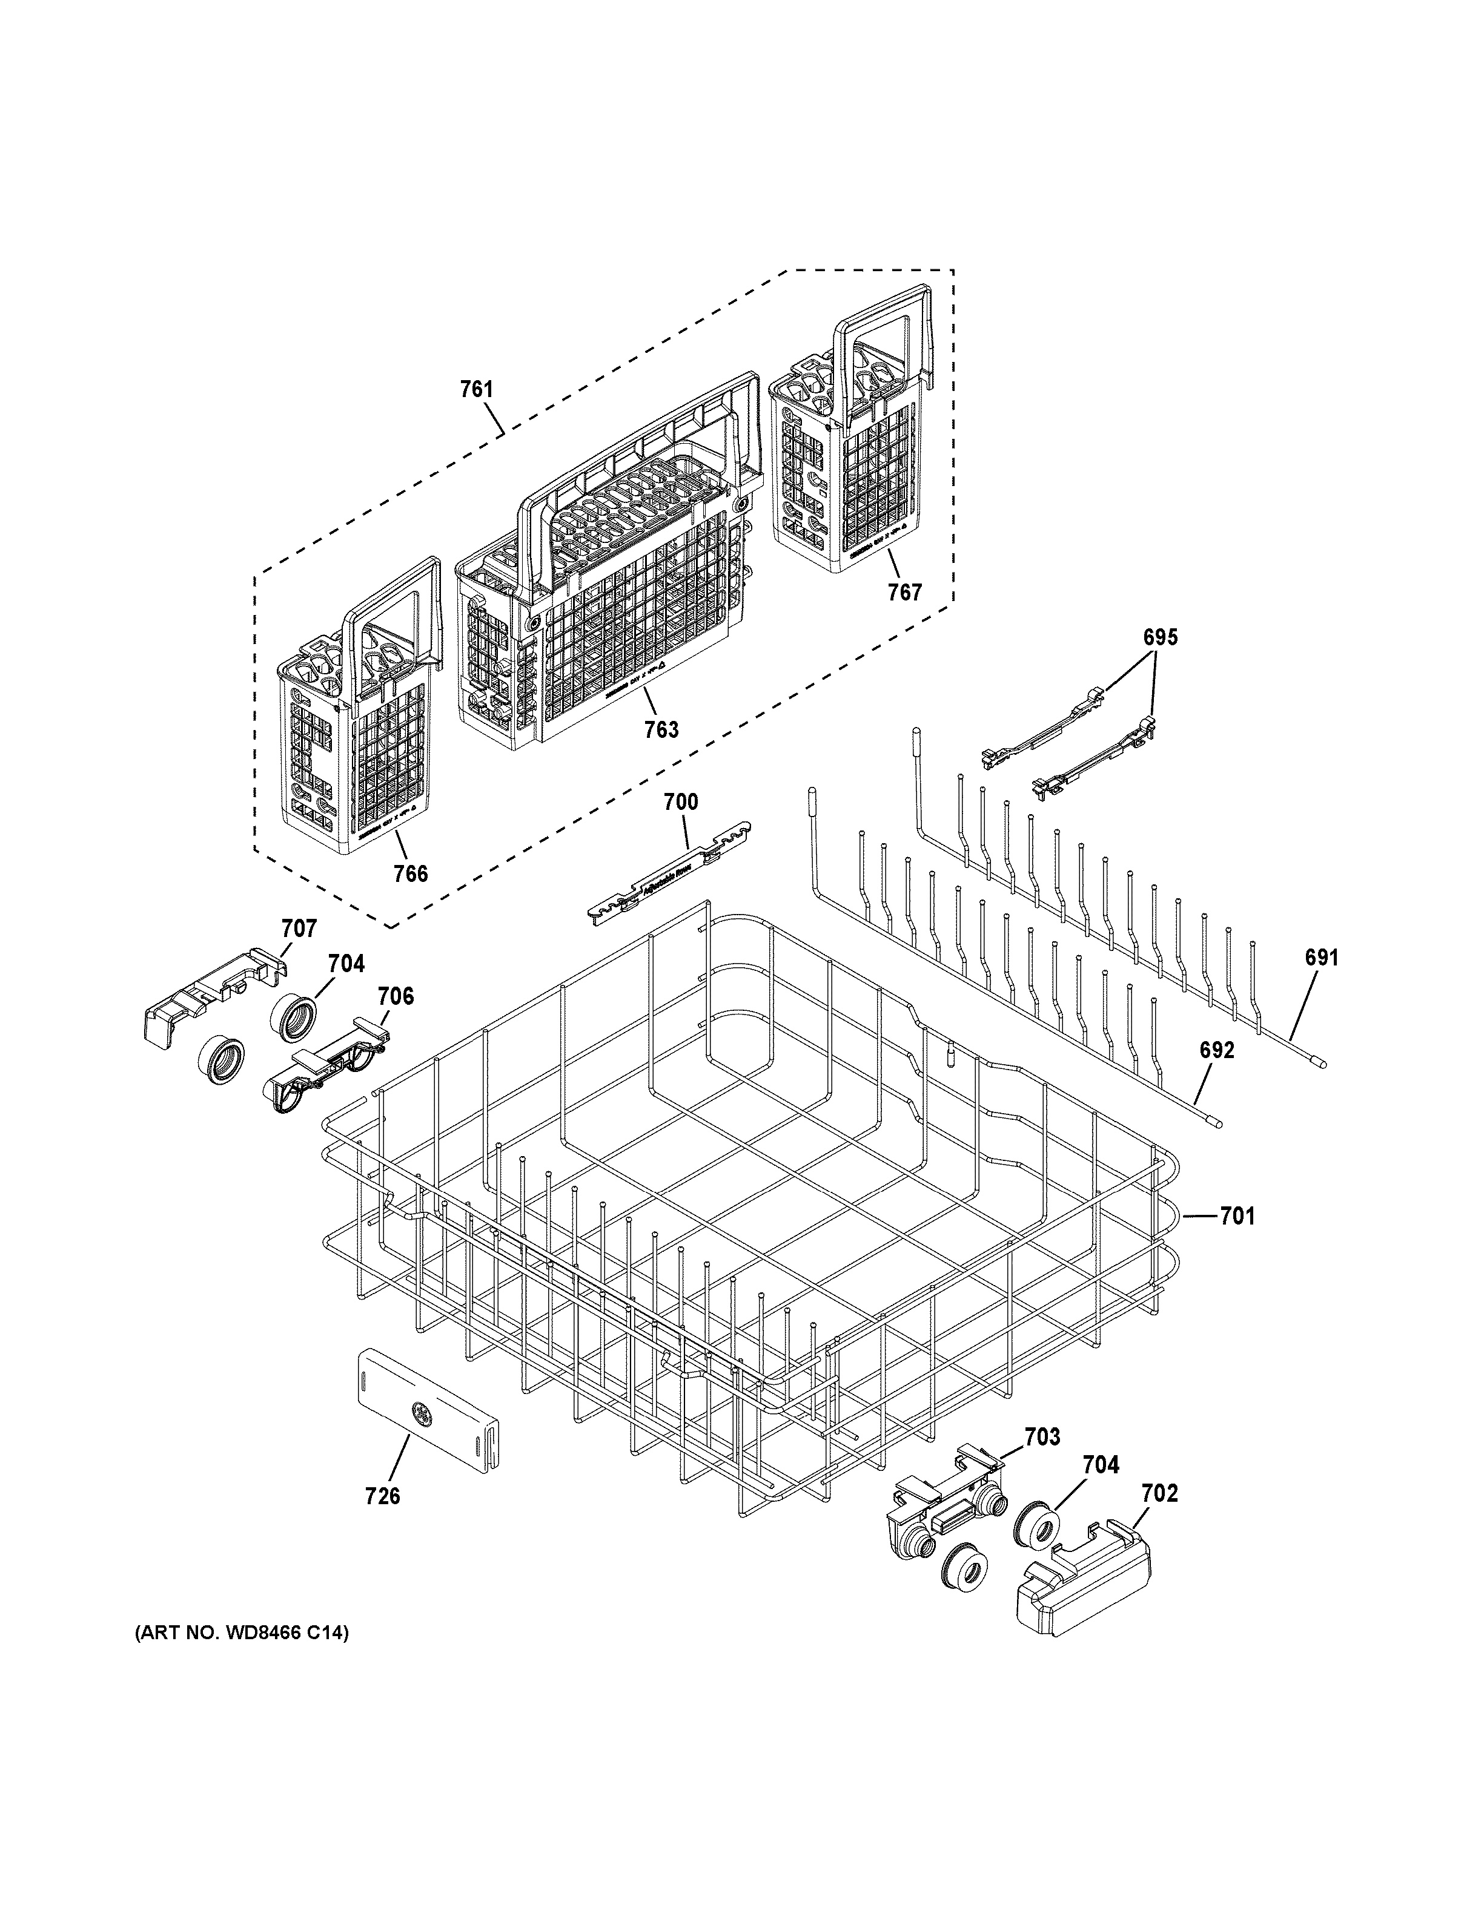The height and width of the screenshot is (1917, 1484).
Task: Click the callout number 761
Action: [x=477, y=389]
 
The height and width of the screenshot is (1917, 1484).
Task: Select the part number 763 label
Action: [x=661, y=729]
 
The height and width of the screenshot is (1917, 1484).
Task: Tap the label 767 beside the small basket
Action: [x=904, y=593]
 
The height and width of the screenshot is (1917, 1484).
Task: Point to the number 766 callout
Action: [x=410, y=873]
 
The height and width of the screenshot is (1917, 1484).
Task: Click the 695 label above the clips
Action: [x=1159, y=638]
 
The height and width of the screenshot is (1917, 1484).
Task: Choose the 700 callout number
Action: [x=681, y=801]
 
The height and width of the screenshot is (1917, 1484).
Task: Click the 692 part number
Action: [x=1217, y=1050]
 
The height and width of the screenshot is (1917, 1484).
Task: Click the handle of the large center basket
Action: [x=641, y=456]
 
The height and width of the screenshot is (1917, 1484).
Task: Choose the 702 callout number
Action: [x=1159, y=1493]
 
